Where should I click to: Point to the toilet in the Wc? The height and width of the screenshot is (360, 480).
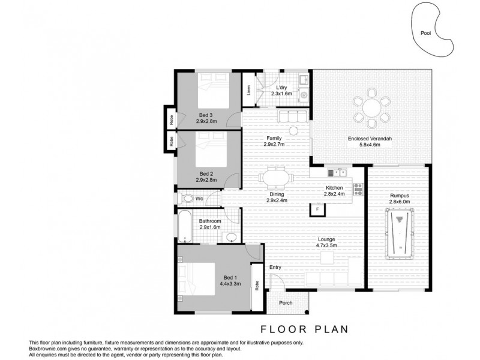[188, 198]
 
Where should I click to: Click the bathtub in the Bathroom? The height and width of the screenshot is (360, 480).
[184, 226]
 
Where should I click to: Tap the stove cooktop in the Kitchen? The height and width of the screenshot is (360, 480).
[359, 189]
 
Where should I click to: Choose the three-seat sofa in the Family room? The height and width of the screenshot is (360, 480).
[292, 115]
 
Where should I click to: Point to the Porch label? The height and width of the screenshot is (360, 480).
[286, 303]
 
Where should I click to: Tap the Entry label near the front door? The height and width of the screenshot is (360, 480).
[275, 267]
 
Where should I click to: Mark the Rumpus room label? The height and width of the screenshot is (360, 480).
[398, 196]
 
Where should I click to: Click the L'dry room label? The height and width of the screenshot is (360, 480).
[281, 88]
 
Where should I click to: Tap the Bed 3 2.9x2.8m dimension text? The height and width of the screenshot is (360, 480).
[206, 121]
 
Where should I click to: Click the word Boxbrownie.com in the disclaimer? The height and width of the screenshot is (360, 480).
[45, 348]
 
